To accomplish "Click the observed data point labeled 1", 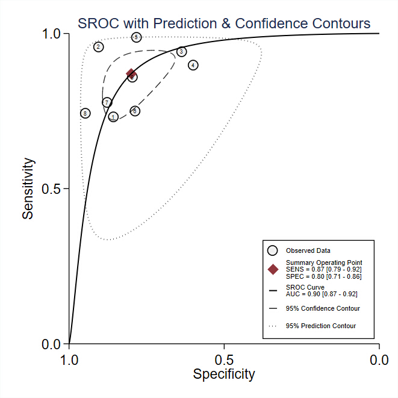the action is point(113,117).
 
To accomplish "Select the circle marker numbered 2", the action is point(99,47).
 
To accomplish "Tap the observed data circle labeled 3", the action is point(181,52).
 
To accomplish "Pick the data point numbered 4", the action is point(193,65).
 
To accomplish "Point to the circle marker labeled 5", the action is point(136,37).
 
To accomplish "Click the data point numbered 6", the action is point(135,111).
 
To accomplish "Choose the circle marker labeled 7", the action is point(107,102).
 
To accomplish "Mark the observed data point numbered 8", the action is point(86,113).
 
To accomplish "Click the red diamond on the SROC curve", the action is point(131,73).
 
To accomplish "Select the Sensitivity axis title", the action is point(28,188).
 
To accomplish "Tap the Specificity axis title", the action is point(224,374).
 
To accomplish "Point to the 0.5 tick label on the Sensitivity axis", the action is point(52,189).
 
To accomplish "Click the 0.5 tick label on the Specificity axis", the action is point(224,360).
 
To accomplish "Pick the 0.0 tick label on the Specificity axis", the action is point(379,360).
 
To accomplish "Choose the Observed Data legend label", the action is point(308,250).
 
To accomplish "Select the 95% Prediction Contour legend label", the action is point(321,326).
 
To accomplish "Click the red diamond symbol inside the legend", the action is point(273,269).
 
